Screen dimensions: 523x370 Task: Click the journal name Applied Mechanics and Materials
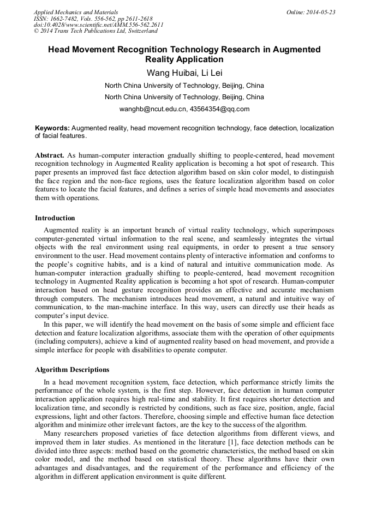[x=76, y=12]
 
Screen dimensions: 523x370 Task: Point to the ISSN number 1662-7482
[x=67, y=19]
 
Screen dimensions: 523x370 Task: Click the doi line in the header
[x=98, y=25]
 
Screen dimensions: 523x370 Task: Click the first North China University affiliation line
[x=184, y=86]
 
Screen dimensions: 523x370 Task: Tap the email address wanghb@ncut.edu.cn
[x=152, y=109]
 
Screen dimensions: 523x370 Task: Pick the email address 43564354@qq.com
[x=219, y=109]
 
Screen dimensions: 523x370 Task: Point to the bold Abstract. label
[x=50, y=155]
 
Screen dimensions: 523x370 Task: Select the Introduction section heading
[x=55, y=218]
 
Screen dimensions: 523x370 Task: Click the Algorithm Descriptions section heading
[x=72, y=370]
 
